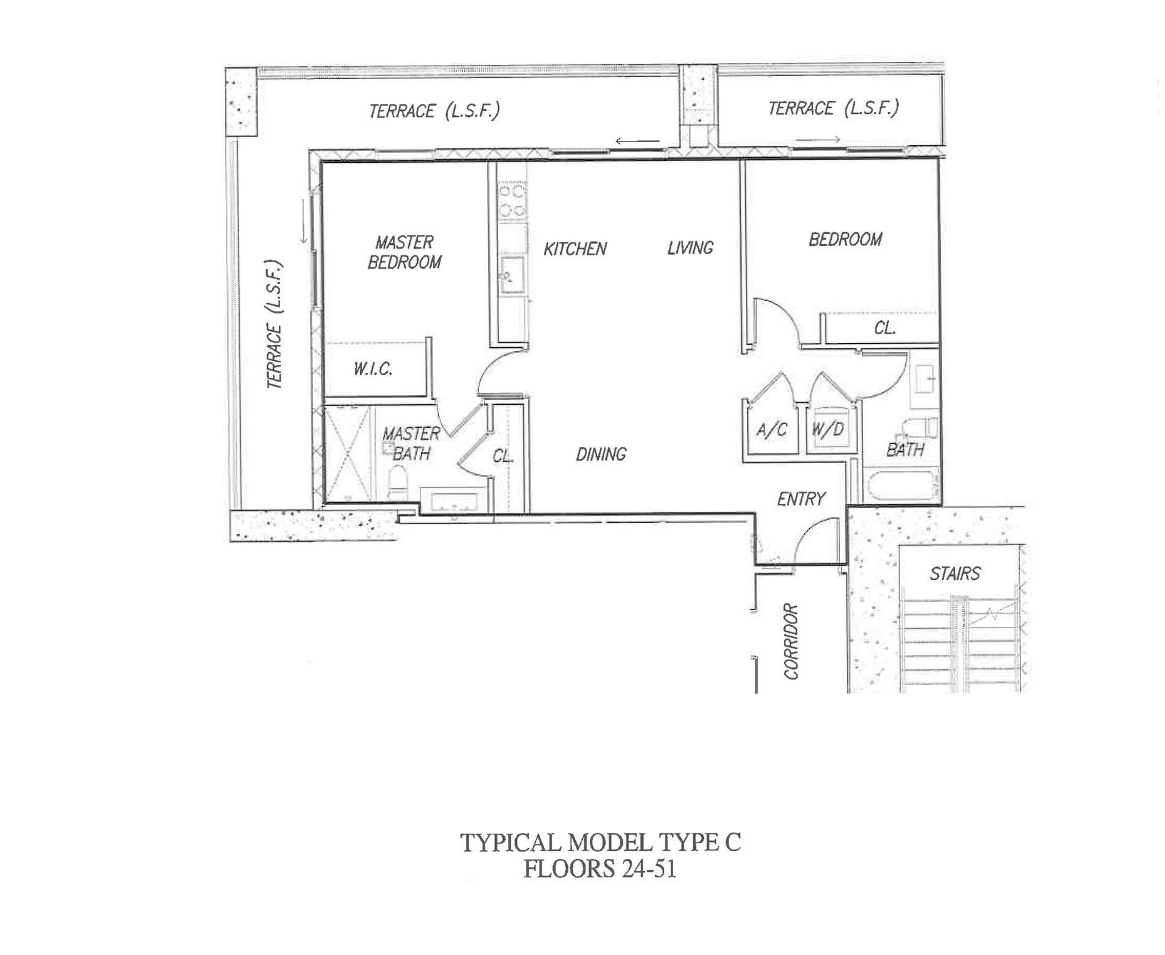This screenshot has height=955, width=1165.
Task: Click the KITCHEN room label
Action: click(575, 249)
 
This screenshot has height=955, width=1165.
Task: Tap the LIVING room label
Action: click(690, 248)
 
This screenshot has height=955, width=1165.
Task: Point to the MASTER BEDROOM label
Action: click(404, 252)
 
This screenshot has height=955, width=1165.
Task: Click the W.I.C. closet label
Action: click(373, 368)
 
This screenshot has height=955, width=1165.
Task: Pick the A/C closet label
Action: click(771, 430)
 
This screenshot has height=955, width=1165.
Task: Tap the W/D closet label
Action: click(828, 429)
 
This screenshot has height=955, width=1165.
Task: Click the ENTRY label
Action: click(801, 499)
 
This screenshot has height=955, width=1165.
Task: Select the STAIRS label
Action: click(955, 574)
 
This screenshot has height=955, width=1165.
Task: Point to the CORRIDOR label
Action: click(791, 642)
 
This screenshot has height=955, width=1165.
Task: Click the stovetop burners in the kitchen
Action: click(512, 201)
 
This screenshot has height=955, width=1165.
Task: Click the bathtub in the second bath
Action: click(900, 485)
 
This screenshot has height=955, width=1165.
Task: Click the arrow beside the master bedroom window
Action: click(303, 221)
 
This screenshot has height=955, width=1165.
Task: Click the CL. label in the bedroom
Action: click(885, 329)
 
